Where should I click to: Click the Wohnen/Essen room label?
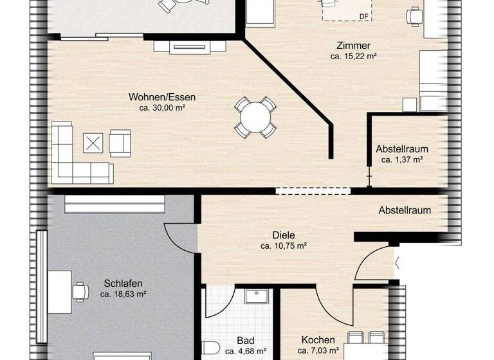tap(162, 97)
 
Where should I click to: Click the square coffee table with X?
tap(94, 143)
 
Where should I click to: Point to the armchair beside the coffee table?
tap(120, 143)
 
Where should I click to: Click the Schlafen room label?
tap(123, 283)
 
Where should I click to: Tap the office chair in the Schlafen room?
tap(81, 291)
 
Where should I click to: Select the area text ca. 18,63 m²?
tap(123, 294)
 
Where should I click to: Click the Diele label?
tap(283, 235)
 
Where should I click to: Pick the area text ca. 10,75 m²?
tap(283, 246)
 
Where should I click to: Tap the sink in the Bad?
tap(258, 297)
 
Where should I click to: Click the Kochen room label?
tap(318, 340)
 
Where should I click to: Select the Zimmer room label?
tap(353, 46)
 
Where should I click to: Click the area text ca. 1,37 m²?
tap(402, 160)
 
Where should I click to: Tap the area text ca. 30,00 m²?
tap(162, 108)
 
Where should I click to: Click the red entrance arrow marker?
tap(397, 262)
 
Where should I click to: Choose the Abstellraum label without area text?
tap(404, 210)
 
